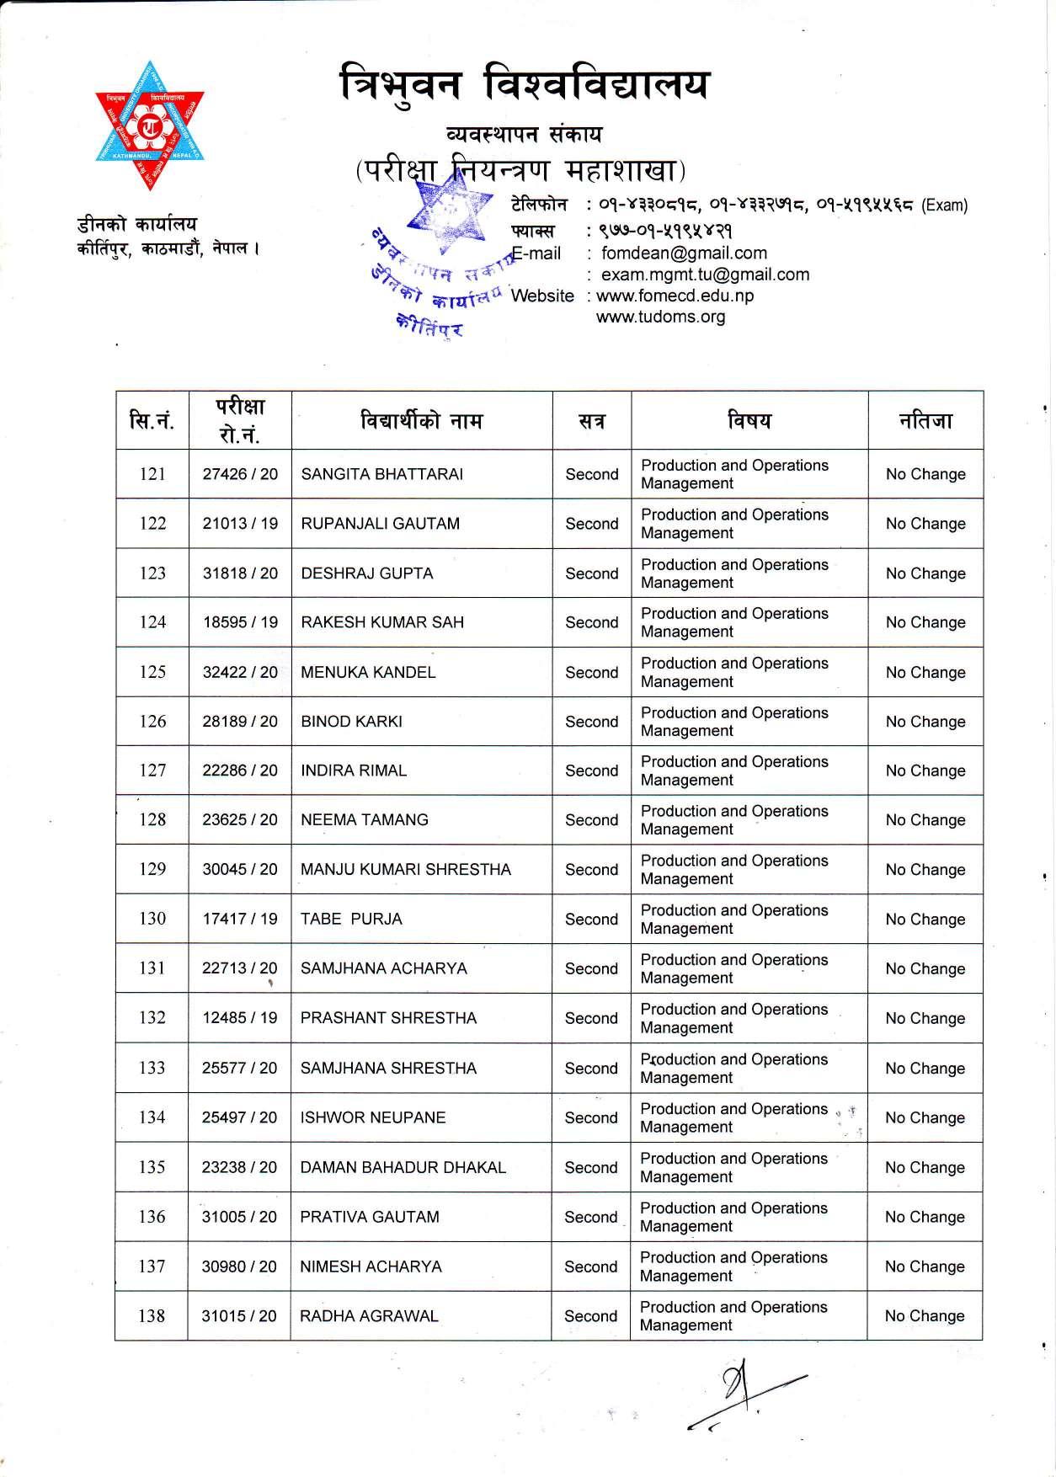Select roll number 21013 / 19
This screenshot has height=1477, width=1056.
[x=240, y=524]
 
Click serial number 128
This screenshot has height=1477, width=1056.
[x=152, y=819]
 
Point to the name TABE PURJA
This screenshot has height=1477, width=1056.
[x=351, y=920]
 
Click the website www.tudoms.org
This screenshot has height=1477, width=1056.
[x=660, y=317]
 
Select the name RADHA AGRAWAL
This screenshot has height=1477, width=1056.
[x=369, y=1316]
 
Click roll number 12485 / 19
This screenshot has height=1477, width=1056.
[x=239, y=1018]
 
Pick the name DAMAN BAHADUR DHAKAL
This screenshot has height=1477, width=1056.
[x=403, y=1168]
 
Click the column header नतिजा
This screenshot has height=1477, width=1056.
[x=925, y=420]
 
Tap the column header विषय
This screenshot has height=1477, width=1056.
[x=749, y=420]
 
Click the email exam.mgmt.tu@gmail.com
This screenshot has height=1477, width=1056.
[x=705, y=275]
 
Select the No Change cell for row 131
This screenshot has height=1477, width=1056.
[x=925, y=969]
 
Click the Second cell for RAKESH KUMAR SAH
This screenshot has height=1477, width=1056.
[x=591, y=623]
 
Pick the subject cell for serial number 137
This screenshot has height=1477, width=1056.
[x=733, y=1266]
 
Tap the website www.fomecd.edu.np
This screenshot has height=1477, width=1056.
[x=675, y=296]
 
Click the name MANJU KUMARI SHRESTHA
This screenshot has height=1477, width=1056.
[x=405, y=870]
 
